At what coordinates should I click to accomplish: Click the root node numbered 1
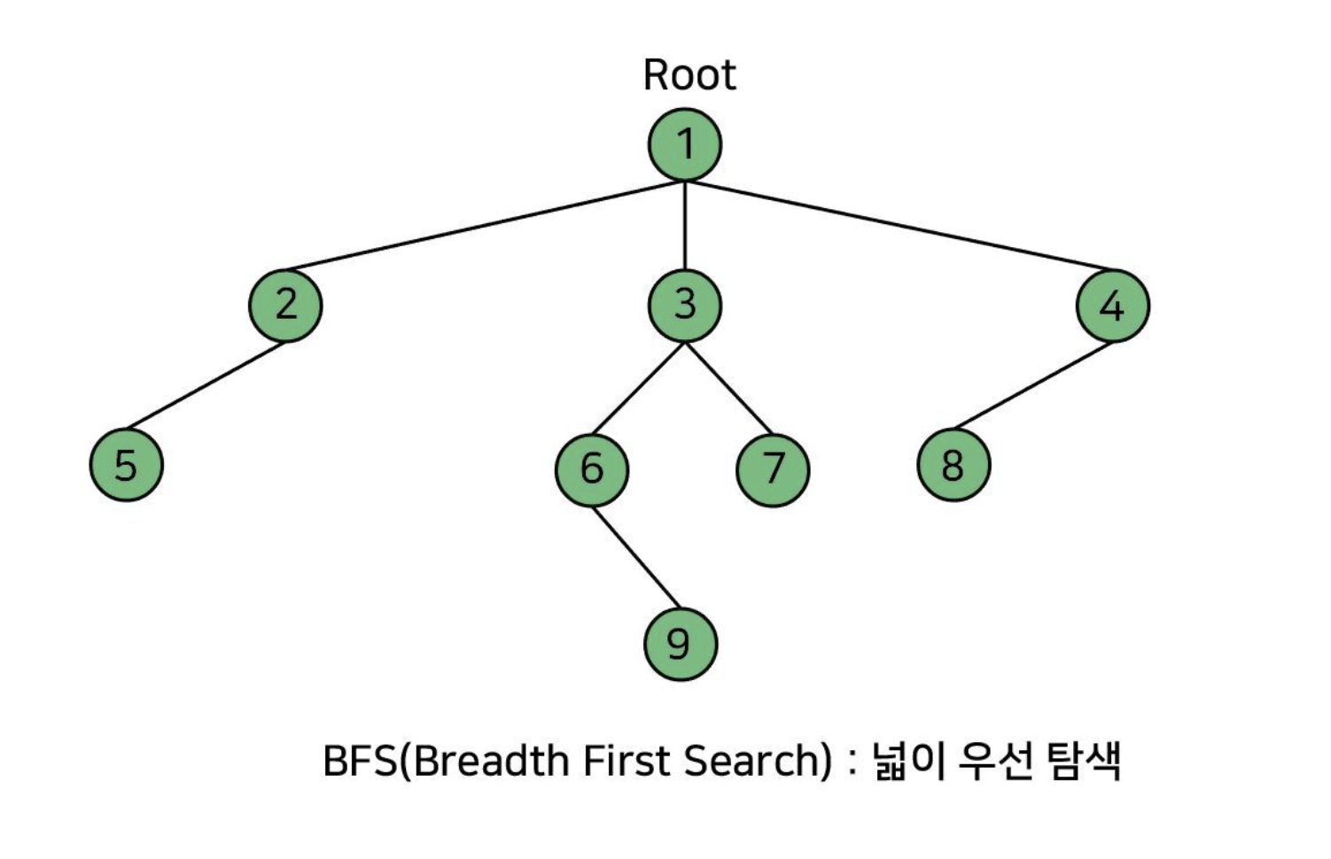(684, 144)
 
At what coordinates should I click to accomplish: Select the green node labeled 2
(285, 306)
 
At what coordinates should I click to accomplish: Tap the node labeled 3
(684, 306)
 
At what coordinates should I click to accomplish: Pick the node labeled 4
(1112, 306)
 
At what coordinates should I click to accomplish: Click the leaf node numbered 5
(126, 465)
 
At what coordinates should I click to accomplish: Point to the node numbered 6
(591, 468)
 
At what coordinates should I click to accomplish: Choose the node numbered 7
(773, 468)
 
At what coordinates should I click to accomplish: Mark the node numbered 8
(953, 465)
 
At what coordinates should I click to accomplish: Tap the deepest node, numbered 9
(680, 644)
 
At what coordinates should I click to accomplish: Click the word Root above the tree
(689, 75)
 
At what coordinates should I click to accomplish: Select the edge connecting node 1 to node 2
(485, 225)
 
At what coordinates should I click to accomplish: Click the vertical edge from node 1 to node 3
(684, 225)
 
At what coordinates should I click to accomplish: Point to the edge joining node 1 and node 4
(895, 225)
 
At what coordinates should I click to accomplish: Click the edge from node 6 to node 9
(634, 554)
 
